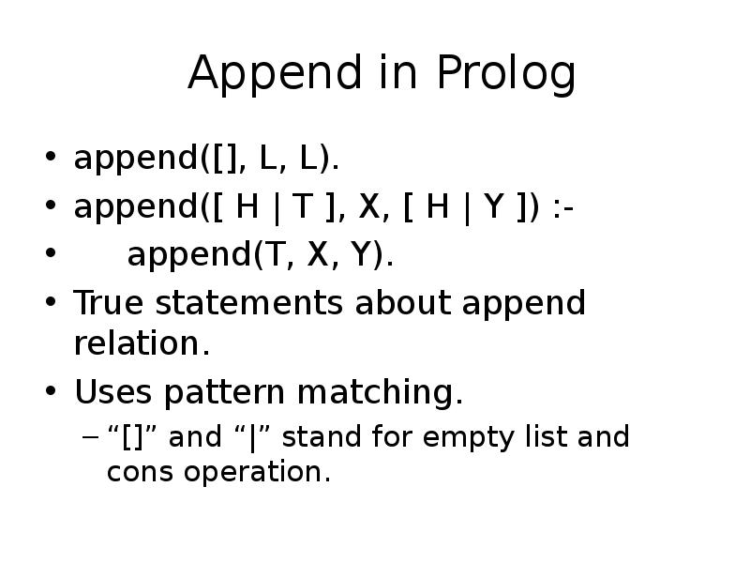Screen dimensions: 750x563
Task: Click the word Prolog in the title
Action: [506, 73]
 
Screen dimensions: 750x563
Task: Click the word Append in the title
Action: [275, 73]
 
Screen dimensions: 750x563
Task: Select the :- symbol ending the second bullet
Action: [563, 208]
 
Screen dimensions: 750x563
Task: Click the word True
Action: [108, 302]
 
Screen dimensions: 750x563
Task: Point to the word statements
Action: [249, 303]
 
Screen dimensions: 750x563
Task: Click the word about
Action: [403, 302]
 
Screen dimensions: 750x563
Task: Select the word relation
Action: [142, 343]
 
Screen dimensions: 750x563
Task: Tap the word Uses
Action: [112, 391]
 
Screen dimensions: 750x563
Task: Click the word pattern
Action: [224, 392]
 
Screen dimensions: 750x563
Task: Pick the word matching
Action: [381, 392]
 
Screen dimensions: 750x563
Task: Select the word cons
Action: [140, 472]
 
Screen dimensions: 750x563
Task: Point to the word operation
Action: [257, 473]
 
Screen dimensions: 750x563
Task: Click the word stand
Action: [322, 436]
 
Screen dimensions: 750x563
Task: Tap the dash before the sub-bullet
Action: [90, 436]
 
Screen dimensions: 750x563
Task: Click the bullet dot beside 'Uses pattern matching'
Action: [51, 390]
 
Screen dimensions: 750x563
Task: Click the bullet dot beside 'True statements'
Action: [51, 301]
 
